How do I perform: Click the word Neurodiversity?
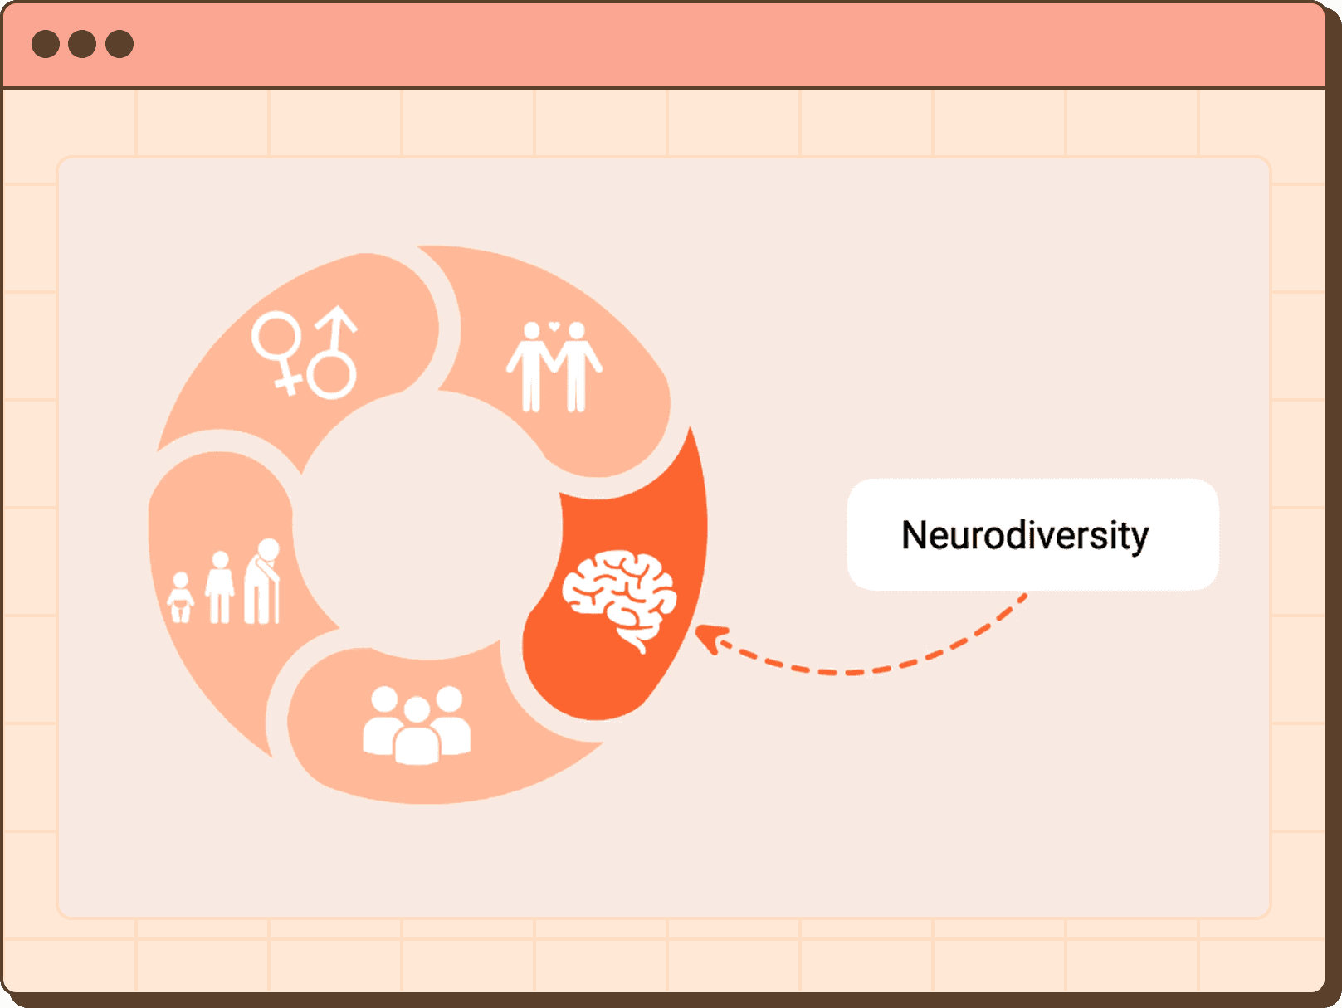click(x=1024, y=535)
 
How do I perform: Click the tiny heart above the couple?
click(x=554, y=326)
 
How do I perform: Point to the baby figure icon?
click(x=180, y=597)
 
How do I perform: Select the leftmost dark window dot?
click(x=46, y=44)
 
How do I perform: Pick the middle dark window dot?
click(x=82, y=44)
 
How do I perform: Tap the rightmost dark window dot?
click(x=120, y=44)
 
